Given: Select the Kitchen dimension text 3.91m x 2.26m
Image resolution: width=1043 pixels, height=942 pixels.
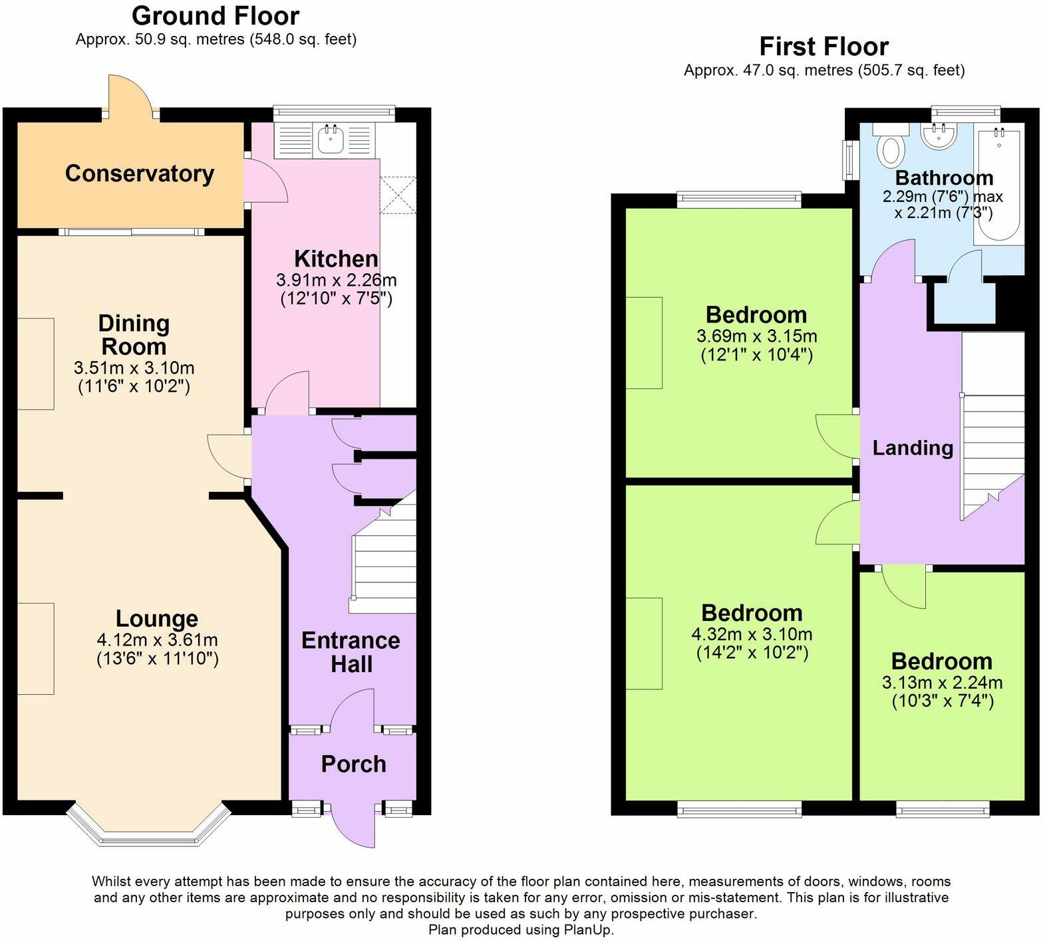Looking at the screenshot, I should tap(336, 280).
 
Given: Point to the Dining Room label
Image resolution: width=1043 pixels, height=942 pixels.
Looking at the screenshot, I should tap(134, 335).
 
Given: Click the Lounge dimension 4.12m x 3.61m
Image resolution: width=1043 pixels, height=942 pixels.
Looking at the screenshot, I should tap(157, 640).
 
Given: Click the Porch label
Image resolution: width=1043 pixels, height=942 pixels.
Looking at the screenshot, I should tap(353, 765).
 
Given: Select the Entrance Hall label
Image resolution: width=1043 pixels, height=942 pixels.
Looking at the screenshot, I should tap(351, 652).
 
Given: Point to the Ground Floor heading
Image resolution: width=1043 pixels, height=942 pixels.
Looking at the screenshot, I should tap(216, 15).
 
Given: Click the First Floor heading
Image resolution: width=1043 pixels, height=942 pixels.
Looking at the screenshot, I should tap(823, 47).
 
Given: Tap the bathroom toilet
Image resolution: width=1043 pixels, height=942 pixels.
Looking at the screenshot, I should tap(891, 148).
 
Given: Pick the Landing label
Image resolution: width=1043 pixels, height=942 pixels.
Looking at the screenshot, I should tap(913, 448).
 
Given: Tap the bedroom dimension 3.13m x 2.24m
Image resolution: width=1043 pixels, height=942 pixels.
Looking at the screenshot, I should tap(942, 683).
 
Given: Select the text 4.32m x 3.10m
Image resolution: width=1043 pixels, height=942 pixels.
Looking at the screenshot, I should tap(752, 634).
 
